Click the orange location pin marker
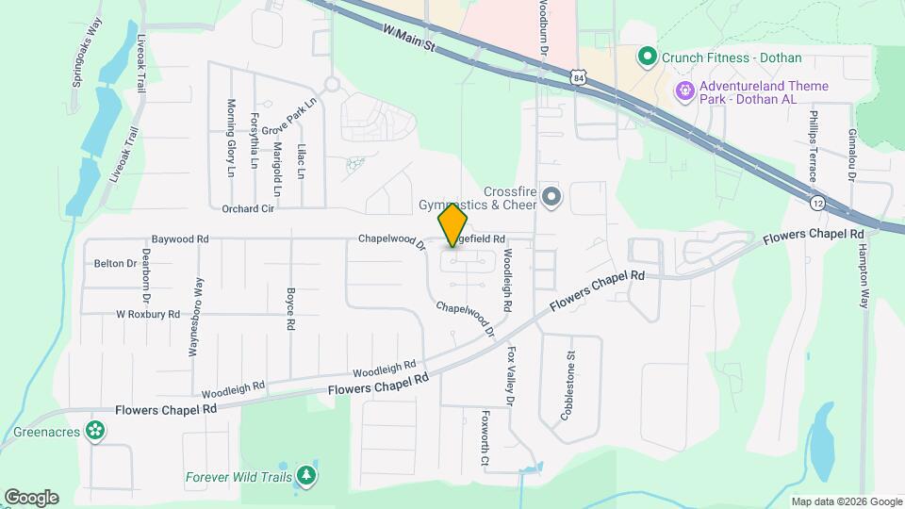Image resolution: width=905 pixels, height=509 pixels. tap(453, 223)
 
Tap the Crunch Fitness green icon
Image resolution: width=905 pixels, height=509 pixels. tap(647, 57)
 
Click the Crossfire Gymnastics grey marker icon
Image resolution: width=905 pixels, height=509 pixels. tap(551, 197)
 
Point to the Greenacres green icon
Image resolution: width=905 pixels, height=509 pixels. tap(93, 431)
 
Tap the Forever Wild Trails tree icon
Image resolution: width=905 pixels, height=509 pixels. tap(305, 477)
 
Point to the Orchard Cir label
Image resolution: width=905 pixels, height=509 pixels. tap(248, 208)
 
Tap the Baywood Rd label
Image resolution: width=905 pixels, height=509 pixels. tap(180, 239)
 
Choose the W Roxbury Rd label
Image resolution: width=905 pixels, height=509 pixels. tap(148, 314)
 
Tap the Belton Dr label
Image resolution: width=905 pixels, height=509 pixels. tap(115, 264)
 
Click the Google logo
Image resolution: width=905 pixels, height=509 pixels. tap(31, 497)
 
